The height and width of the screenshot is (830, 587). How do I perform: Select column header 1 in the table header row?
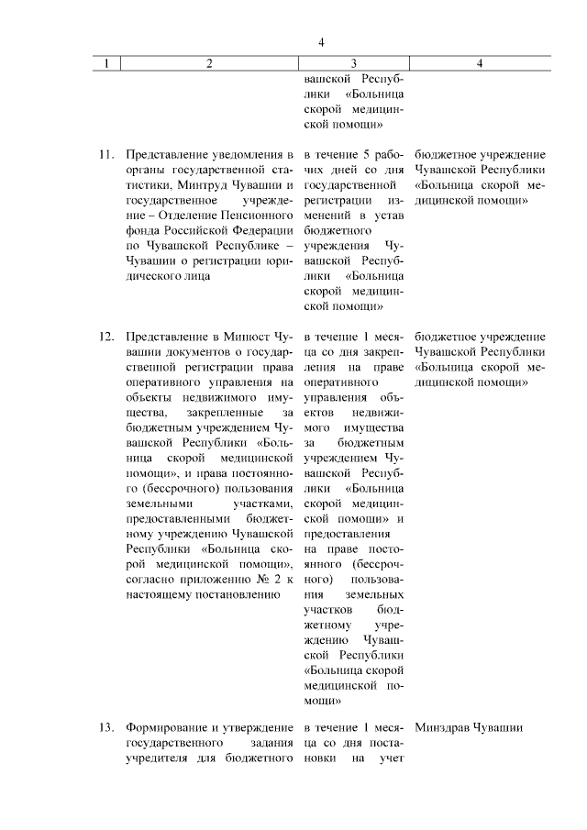(x=108, y=63)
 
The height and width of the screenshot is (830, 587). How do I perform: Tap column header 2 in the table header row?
(x=209, y=63)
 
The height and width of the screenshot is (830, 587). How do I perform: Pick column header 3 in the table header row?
(x=354, y=63)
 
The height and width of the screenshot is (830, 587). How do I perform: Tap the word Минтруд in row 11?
(x=186, y=184)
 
